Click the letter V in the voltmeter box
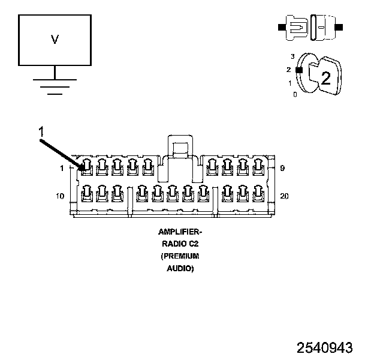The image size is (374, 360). (x=55, y=40)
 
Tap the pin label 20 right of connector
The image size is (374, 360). (x=285, y=196)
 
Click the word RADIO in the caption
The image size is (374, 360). (x=171, y=244)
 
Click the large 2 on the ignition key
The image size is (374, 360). (x=325, y=77)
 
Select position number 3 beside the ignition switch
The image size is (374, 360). (x=292, y=56)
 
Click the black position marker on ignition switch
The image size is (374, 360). (x=298, y=70)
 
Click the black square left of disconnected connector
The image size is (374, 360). (x=280, y=27)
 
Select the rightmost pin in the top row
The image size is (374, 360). (x=259, y=165)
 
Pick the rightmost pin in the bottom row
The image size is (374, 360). (x=259, y=192)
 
